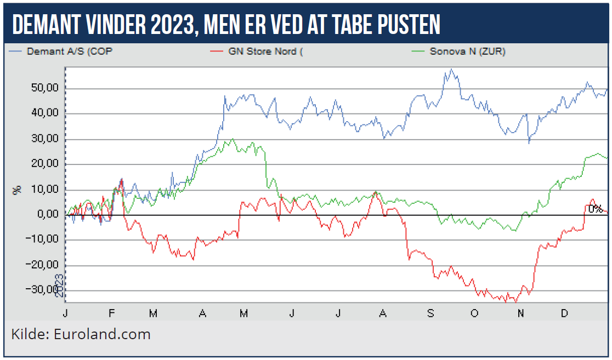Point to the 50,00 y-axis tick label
[x=46, y=88]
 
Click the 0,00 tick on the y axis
[x=48, y=215]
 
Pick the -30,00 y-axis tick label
[x=44, y=290]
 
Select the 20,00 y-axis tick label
[x=46, y=164]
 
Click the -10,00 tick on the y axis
[x=44, y=240]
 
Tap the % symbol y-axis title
[x=17, y=190]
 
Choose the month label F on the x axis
[x=112, y=313]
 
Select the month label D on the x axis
[x=564, y=313]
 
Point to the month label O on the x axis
[x=474, y=313]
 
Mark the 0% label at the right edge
[x=595, y=209]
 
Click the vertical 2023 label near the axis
[x=59, y=285]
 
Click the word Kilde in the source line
[x=29, y=334]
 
